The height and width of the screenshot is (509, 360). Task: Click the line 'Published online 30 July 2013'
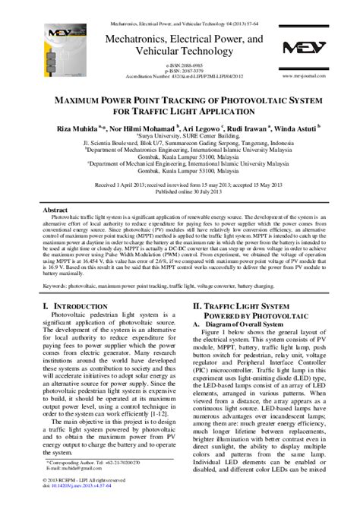(x=180, y=191)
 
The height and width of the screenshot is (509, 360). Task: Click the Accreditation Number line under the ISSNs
(x=180, y=77)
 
